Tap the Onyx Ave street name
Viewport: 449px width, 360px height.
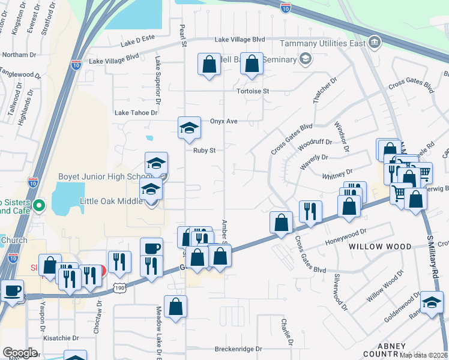tap(223, 121)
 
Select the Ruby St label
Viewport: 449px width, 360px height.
tap(204, 151)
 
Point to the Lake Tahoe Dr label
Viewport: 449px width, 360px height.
tap(136, 113)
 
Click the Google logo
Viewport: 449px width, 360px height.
tap(20, 352)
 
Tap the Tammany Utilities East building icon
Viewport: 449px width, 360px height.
tap(375, 42)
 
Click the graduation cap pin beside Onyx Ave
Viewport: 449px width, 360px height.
tap(189, 127)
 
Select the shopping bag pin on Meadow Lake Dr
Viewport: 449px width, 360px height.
tap(175, 307)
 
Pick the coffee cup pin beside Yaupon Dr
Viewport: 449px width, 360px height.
tap(12, 291)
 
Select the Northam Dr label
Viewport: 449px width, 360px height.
tap(19, 55)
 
